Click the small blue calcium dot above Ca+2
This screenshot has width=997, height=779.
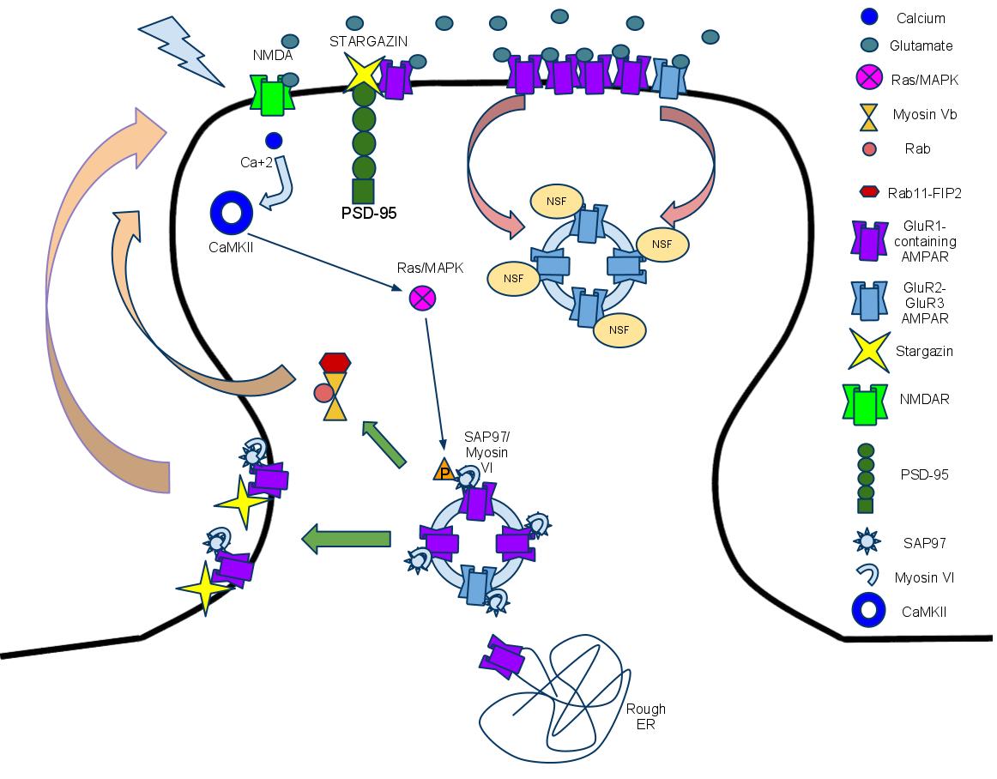click(x=274, y=140)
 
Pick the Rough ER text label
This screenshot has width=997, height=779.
click(x=645, y=716)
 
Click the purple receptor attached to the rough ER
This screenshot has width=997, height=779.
click(x=505, y=656)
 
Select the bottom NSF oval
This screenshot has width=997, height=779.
click(x=613, y=329)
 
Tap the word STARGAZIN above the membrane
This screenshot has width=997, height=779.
click(x=367, y=40)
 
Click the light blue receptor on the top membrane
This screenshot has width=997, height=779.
click(x=669, y=77)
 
